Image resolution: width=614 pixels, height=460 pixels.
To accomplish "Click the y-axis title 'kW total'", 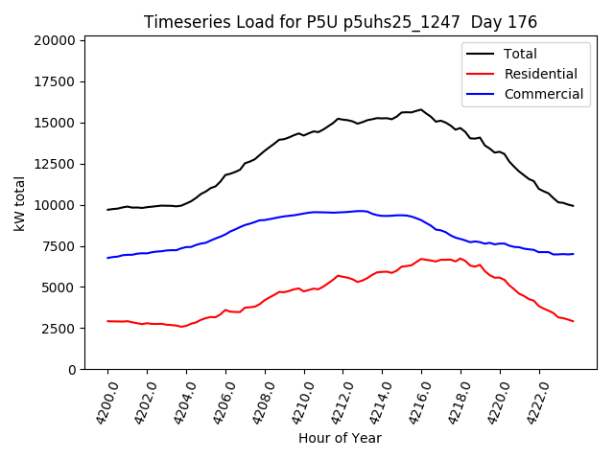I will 20,204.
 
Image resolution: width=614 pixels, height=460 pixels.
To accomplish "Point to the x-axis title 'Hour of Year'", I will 340,438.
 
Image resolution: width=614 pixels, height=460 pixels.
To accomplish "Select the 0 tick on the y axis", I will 71,370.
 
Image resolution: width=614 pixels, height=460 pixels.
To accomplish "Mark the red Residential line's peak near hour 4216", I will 421,259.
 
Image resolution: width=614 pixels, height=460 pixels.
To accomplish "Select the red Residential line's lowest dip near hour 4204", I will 182,327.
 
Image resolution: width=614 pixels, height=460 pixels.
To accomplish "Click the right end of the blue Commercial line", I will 573,254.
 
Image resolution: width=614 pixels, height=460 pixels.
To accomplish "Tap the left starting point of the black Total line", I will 107,209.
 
